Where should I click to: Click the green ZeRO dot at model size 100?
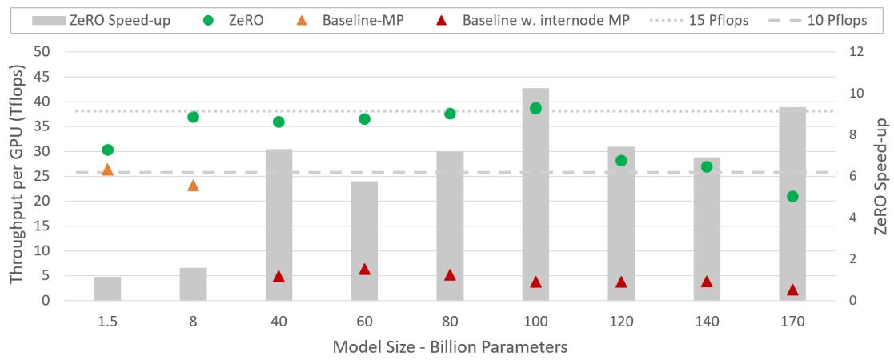535,108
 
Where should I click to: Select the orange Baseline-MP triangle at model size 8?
193,186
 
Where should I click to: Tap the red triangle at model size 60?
364,270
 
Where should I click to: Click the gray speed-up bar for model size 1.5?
107,289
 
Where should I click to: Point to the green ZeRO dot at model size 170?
792,196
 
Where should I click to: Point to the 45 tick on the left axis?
41,77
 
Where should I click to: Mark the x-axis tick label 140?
707,321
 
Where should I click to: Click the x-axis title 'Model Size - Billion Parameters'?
450,346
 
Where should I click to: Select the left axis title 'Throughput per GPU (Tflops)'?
16,175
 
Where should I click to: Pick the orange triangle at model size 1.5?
107,170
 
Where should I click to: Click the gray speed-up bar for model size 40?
279,225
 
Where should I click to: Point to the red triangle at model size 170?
792,290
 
